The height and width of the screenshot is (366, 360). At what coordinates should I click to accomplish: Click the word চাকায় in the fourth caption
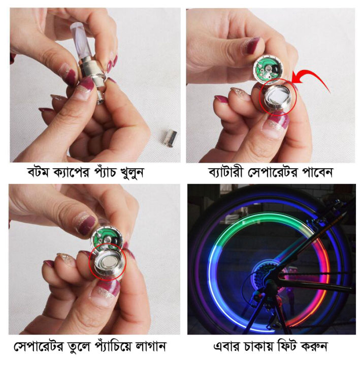pos(265,347)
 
